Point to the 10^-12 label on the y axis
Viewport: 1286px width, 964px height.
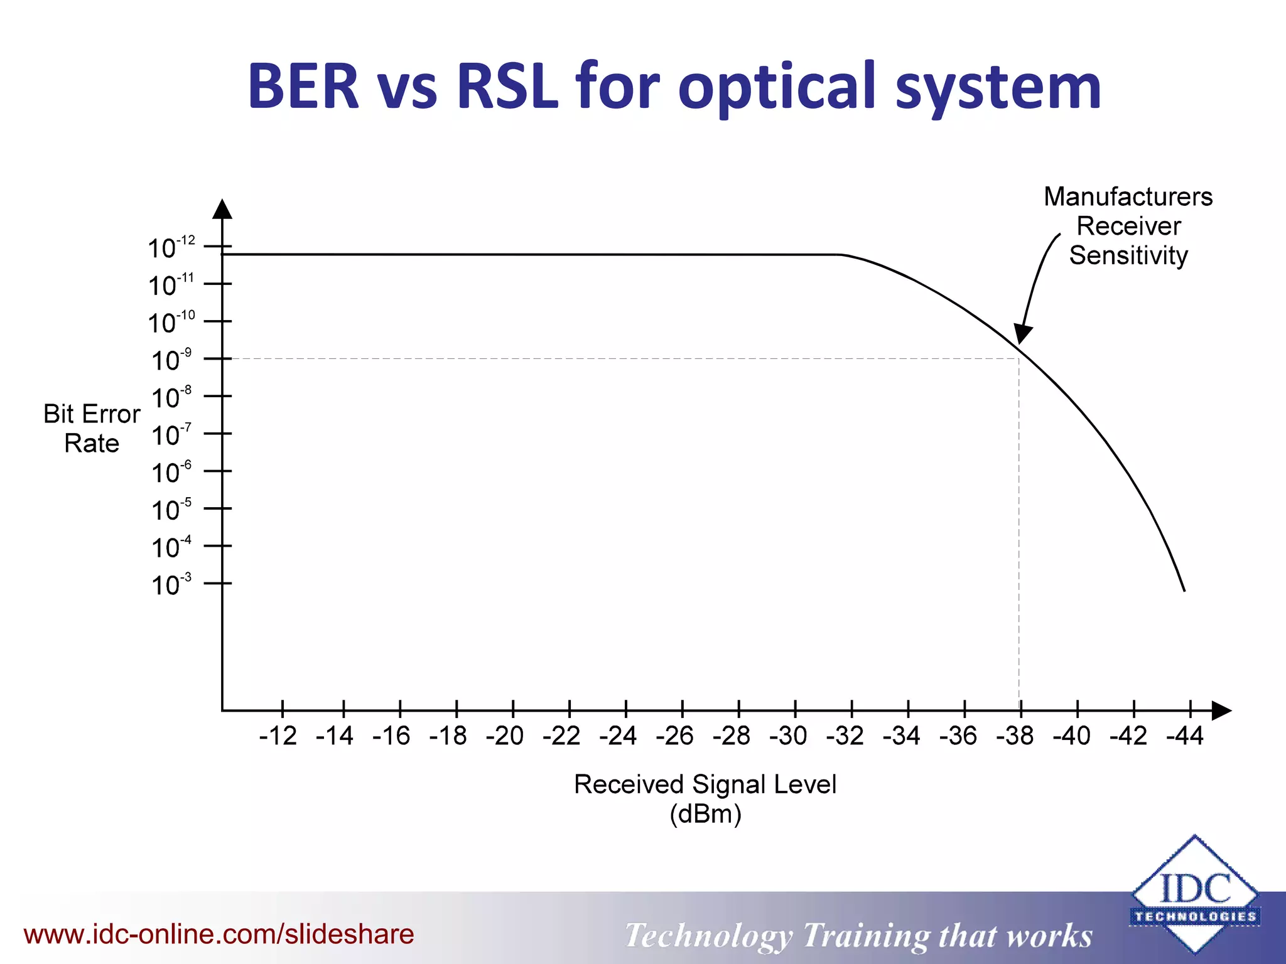171,248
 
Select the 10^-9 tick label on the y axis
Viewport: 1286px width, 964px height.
171,360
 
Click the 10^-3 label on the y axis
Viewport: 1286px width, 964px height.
171,585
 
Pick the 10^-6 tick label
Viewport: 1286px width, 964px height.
171,473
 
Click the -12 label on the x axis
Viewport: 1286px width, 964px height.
278,736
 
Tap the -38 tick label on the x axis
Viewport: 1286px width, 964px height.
1015,736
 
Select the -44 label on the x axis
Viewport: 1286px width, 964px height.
1185,736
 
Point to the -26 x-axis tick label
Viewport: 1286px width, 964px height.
674,736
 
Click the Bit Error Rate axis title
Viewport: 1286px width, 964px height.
92,429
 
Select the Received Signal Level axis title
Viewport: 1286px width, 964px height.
705,785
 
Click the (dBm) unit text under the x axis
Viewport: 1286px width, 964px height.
705,815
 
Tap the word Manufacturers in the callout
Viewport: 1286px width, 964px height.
1128,196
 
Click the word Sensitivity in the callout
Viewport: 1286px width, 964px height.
1128,255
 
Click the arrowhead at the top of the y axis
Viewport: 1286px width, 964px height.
222,210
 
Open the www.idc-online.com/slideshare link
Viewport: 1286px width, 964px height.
219,935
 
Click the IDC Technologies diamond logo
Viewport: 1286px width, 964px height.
1194,894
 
